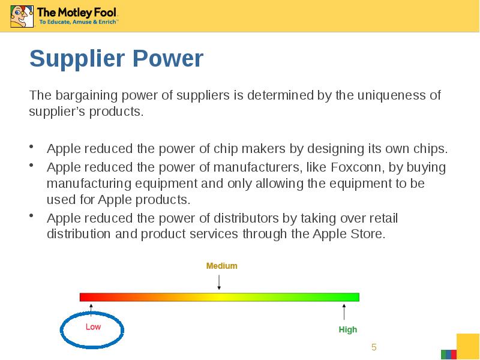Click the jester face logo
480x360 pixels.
[22, 17]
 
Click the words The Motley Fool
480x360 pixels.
[77, 13]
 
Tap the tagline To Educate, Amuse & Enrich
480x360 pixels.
[78, 22]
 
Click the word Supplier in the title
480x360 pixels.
[77, 59]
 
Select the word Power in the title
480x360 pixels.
[168, 58]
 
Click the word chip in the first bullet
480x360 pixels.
[226, 149]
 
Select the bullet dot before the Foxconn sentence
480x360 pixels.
[31, 166]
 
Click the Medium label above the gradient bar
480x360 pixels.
[221, 266]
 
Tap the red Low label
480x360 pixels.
[93, 326]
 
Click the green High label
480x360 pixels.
[348, 329]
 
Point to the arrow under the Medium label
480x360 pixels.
[219, 282]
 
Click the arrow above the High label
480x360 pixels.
[344, 312]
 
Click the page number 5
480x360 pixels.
[374, 347]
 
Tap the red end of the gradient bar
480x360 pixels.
[84, 297]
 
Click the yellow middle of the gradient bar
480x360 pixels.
[219, 297]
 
